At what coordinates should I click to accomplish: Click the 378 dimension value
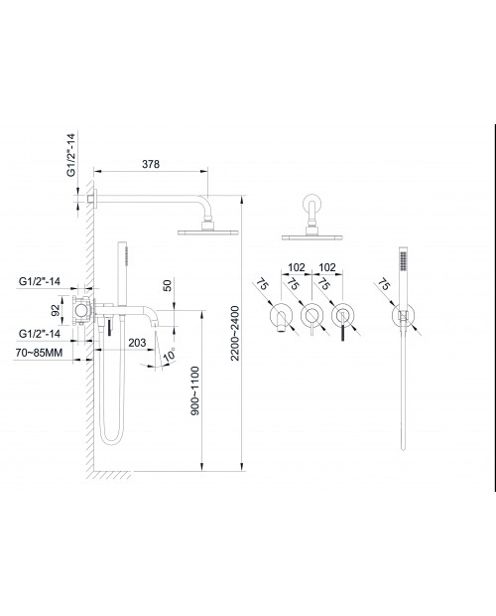click(151, 164)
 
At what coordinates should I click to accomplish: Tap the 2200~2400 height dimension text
click(235, 333)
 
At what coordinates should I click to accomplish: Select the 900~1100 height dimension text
click(194, 390)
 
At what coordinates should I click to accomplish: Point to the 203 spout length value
click(137, 343)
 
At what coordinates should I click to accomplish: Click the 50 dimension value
click(167, 285)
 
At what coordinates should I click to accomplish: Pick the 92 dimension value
click(57, 310)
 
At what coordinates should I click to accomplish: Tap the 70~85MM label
click(39, 353)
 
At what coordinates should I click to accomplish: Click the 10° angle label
click(170, 355)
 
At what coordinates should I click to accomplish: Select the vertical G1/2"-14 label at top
click(71, 155)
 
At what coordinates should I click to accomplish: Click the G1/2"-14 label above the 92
click(40, 282)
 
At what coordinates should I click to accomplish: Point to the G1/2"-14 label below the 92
click(40, 334)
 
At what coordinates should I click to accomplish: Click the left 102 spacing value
click(297, 267)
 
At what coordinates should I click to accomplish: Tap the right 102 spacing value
click(327, 267)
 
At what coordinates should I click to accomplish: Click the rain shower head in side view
click(207, 232)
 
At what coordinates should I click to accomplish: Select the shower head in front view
click(312, 237)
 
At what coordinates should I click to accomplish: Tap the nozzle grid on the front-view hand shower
click(403, 261)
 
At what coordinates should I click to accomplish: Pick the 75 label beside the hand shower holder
click(384, 285)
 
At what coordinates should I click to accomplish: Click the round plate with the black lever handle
click(343, 315)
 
